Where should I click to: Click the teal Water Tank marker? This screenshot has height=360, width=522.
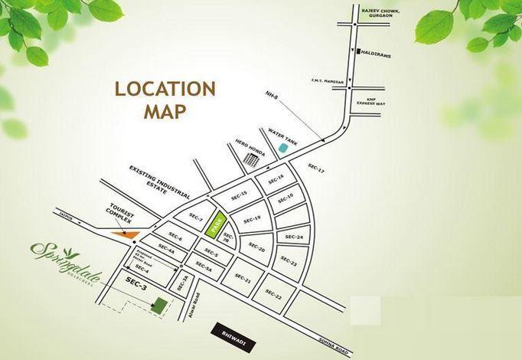pyautogui.click(x=283, y=146)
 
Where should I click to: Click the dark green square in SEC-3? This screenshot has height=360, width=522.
pyautogui.click(x=159, y=304)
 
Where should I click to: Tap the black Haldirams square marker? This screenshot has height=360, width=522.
pyautogui.click(x=357, y=51)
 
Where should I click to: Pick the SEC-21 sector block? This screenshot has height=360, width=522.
pyautogui.click(x=243, y=280)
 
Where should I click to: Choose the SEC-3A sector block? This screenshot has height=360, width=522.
pyautogui.click(x=182, y=283)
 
